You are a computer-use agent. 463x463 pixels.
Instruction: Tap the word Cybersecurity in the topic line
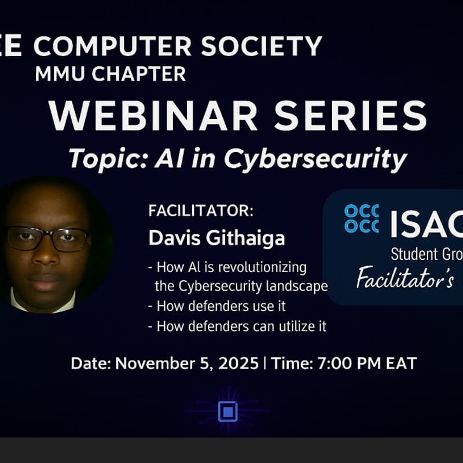coord(316,159)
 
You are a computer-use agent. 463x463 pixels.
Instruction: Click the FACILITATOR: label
coord(201,211)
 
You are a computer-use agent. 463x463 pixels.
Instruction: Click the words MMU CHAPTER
coord(110,74)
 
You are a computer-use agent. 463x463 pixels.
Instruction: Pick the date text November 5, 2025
coord(186,363)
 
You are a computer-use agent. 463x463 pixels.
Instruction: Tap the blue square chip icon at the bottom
coord(228,411)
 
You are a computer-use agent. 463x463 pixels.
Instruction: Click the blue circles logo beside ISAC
coord(362,218)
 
